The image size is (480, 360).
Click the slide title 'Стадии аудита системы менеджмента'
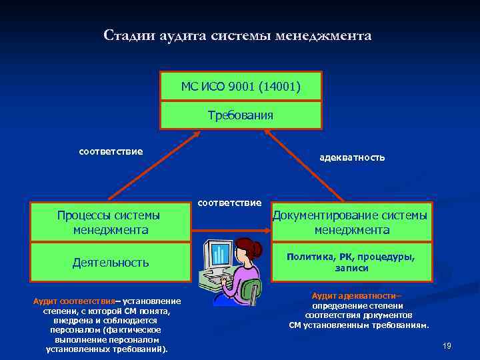click(237, 35)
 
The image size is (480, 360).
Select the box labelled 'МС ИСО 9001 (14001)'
click(241, 86)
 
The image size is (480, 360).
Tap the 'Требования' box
click(241, 115)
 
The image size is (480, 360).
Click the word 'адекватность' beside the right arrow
click(351, 158)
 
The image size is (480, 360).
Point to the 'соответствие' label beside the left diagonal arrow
click(111, 151)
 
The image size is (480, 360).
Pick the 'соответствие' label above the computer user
click(230, 202)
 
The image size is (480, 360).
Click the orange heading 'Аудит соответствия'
click(74, 301)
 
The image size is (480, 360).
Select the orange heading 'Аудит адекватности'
click(352, 295)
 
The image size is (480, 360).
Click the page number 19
click(447, 345)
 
